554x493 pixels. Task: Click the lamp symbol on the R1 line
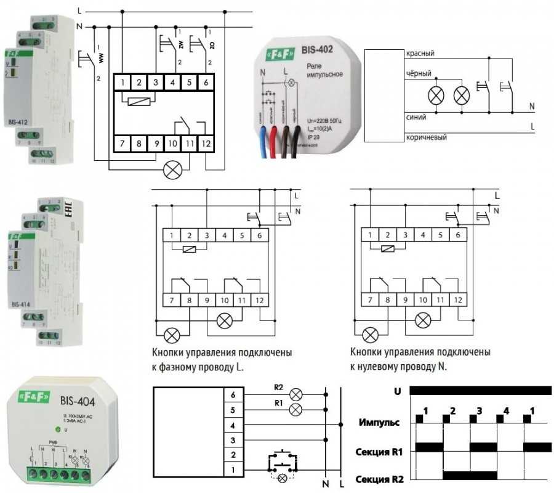pyautogui.click(x=296, y=409)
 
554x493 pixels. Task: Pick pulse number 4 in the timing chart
pyautogui.click(x=505, y=410)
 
